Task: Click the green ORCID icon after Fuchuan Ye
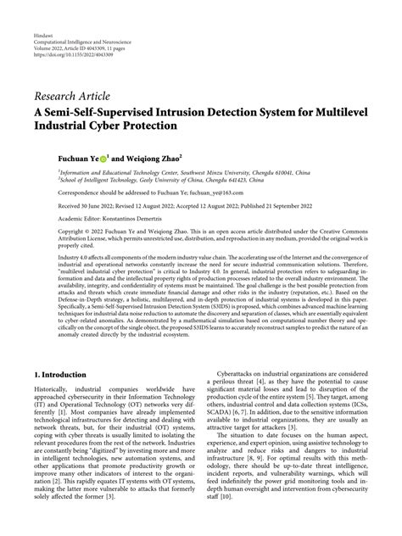(x=104, y=157)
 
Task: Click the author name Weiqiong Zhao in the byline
(x=157, y=157)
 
